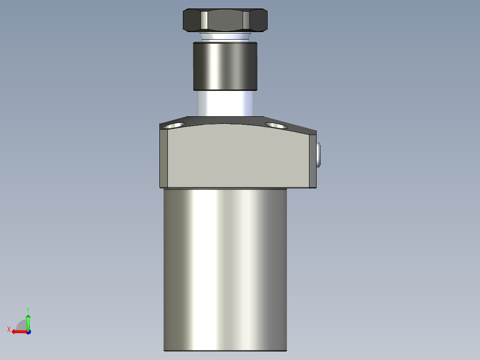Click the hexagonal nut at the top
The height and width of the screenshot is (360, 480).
225,20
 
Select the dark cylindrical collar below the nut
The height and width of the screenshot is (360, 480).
225,66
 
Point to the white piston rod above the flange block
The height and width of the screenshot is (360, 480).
225,103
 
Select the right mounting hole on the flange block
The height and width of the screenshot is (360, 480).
277,125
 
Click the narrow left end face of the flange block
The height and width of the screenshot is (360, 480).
163,158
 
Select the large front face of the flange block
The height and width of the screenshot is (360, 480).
238,156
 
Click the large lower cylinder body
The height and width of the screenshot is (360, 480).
225,267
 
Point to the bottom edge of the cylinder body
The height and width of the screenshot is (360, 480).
225,350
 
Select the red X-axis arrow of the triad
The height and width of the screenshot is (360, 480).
18,331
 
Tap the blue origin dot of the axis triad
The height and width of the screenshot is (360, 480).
28,331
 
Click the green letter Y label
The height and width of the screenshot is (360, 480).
28,309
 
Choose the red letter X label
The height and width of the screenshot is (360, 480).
9,329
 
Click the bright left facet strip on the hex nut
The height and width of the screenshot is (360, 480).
203,20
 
